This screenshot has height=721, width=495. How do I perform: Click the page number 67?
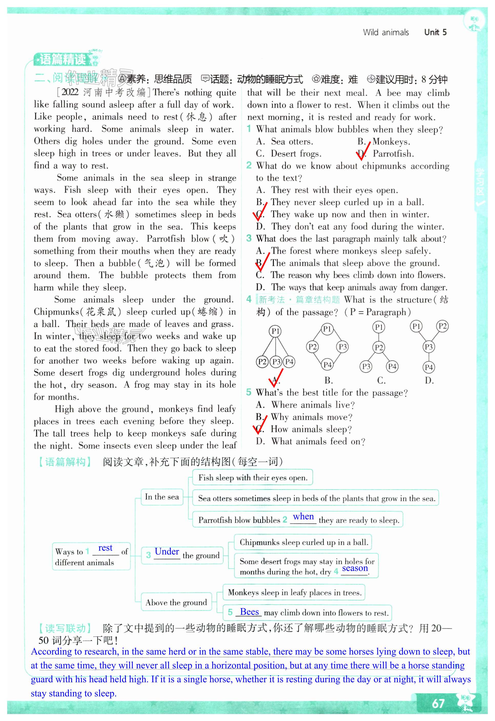pyautogui.click(x=438, y=703)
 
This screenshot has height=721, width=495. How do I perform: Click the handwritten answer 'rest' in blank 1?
pyautogui.click(x=105, y=548)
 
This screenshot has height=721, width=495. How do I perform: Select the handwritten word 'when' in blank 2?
pyautogui.click(x=303, y=517)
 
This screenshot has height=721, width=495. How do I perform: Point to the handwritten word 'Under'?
pyautogui.click(x=167, y=552)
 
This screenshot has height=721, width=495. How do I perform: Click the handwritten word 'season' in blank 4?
pyautogui.click(x=355, y=568)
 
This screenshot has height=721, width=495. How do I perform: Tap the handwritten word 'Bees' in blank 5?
pyautogui.click(x=249, y=612)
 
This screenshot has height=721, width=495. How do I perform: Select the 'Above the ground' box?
pyautogui.click(x=176, y=602)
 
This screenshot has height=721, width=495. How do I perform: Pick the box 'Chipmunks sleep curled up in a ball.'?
pyautogui.click(x=304, y=542)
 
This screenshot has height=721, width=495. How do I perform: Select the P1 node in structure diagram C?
pyautogui.click(x=378, y=327)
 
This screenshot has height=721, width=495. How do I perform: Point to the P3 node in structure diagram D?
pyautogui.click(x=428, y=347)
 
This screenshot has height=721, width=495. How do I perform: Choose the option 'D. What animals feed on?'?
pyautogui.click(x=310, y=441)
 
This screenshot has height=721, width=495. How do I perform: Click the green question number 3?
pyautogui.click(x=249, y=238)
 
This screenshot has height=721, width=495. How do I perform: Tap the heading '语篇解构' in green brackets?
pyautogui.click(x=65, y=462)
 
